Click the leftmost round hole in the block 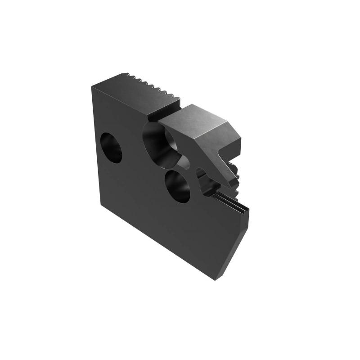111,147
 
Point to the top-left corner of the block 92,85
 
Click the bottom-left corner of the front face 99,205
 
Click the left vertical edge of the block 95,144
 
